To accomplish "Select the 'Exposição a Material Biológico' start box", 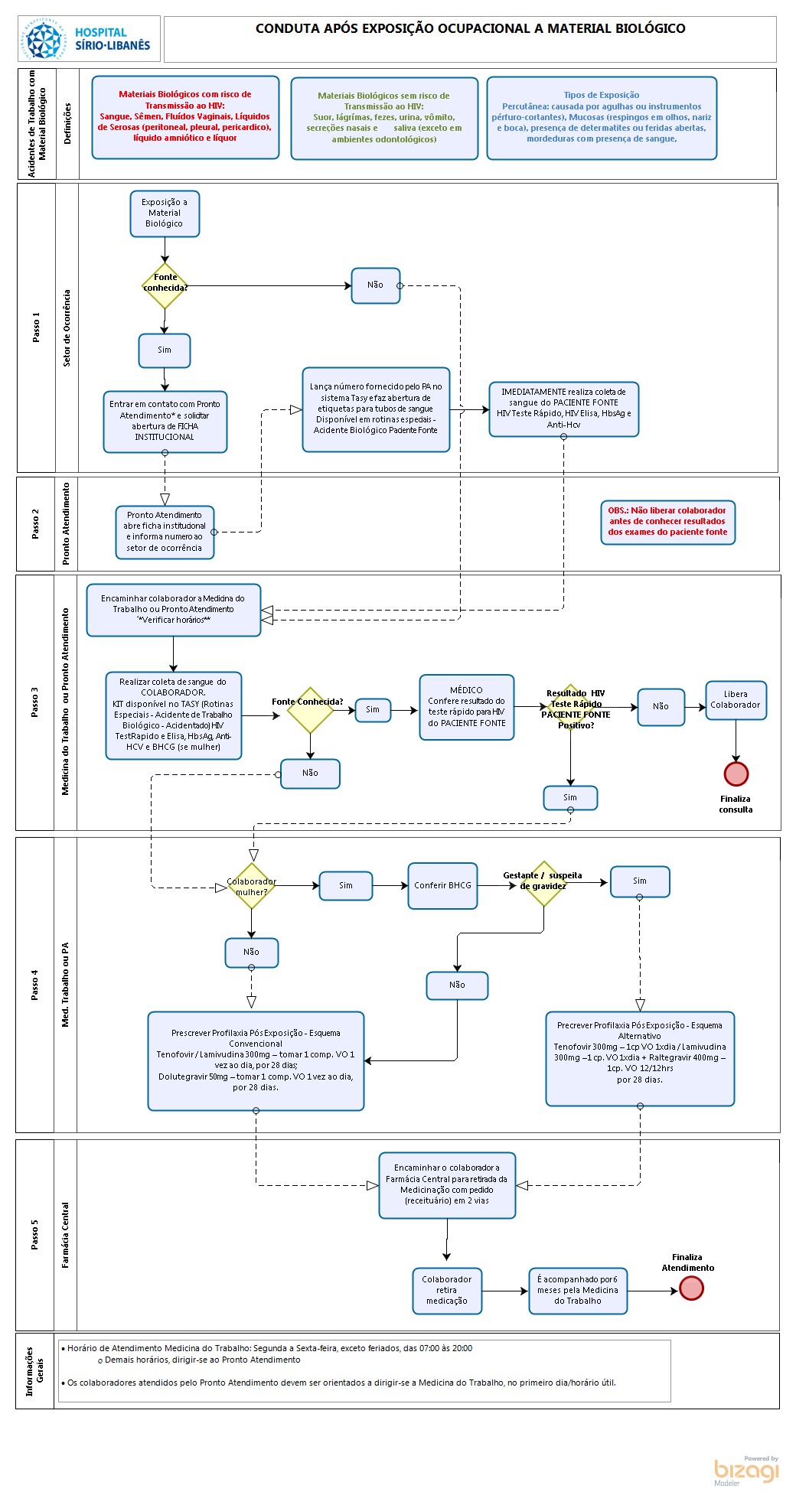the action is point(165,213).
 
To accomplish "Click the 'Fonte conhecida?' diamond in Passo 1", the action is point(165,286).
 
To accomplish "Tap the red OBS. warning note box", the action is point(667,522).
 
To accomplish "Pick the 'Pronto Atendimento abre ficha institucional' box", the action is point(165,532).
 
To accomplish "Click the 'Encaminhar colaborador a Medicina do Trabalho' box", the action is point(174,610).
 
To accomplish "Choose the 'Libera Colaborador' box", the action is point(736,700).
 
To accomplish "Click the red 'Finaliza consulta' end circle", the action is point(736,774).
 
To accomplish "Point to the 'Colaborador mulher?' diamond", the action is point(252,886).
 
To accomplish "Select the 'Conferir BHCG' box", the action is point(443,885).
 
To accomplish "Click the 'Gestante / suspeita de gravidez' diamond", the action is point(543,883).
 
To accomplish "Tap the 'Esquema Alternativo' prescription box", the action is point(640,1059).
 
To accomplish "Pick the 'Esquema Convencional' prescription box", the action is point(256,1060).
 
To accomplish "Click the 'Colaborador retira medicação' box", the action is point(447,1290).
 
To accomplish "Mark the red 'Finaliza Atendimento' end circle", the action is point(691,1288).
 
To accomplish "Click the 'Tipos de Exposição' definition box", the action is point(602,118).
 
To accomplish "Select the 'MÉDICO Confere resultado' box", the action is point(466,707).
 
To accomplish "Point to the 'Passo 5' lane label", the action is point(34,1235).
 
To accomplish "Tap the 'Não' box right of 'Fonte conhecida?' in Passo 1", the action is point(376,285).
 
